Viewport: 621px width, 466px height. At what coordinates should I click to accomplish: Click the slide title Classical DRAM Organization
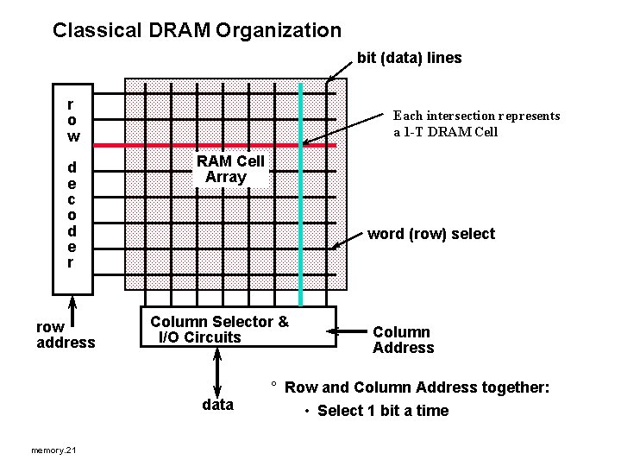coord(197,31)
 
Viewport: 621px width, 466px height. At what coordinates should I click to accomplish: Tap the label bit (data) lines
coord(410,58)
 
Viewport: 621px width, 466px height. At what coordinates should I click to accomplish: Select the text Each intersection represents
coord(476,115)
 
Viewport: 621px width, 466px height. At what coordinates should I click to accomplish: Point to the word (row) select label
coord(431,234)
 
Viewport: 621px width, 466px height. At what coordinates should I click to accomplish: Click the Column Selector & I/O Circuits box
coord(238,327)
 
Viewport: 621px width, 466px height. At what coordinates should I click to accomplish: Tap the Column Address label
coord(403,340)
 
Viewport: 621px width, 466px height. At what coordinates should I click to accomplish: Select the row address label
coord(66,335)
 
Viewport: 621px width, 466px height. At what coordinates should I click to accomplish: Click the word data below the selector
coord(217,405)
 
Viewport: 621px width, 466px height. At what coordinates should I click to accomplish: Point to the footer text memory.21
coord(53,450)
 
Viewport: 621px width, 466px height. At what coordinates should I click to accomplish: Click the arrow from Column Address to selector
coord(349,331)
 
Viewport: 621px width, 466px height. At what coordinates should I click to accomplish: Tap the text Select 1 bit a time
coord(382,411)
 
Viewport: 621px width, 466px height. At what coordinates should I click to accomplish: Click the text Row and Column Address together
coord(417,388)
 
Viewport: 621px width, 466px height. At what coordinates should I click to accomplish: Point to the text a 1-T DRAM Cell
coord(446,132)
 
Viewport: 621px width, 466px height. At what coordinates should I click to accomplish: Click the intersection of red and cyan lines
coord(301,145)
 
